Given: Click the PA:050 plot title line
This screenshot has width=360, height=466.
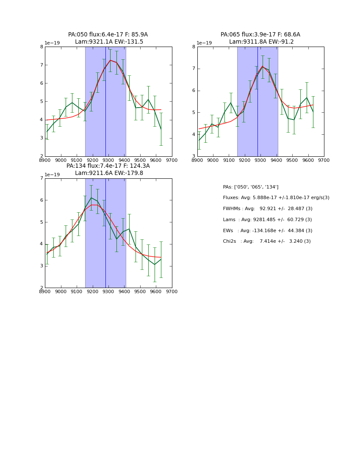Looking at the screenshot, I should click(x=108, y=35).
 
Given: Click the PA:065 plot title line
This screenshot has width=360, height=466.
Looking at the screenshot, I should click(x=260, y=35).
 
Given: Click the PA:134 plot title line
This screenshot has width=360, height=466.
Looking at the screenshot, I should click(x=108, y=166).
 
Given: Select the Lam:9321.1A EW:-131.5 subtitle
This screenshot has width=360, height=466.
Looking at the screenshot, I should click(x=109, y=42).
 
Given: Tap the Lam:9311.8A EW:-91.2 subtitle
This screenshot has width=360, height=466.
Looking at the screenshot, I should click(x=261, y=42).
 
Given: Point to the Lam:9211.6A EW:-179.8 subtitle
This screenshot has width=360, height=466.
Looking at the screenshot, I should click(x=109, y=173).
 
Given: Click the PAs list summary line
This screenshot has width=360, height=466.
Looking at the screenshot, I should click(x=250, y=187).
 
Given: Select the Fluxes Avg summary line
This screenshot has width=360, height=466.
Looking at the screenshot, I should click(x=276, y=198).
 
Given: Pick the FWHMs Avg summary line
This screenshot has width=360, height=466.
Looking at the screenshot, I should click(x=267, y=209).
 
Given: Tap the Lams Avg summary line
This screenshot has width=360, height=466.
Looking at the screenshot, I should click(x=267, y=220).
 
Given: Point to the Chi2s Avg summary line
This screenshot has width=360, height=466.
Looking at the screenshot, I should click(x=266, y=241).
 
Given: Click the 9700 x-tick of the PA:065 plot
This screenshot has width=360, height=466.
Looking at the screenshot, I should click(x=324, y=160).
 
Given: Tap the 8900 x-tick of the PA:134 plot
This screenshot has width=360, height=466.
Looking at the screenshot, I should click(x=45, y=291).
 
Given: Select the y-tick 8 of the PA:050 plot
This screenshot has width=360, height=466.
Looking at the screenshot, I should click(x=41, y=47).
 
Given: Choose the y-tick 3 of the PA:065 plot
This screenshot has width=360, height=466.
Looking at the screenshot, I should click(x=194, y=156).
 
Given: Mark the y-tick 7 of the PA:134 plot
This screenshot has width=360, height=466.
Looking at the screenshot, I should click(x=41, y=178).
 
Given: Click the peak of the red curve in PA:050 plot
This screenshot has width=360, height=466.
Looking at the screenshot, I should click(x=111, y=60).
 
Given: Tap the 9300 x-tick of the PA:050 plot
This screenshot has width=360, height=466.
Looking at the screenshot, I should click(x=108, y=160).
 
